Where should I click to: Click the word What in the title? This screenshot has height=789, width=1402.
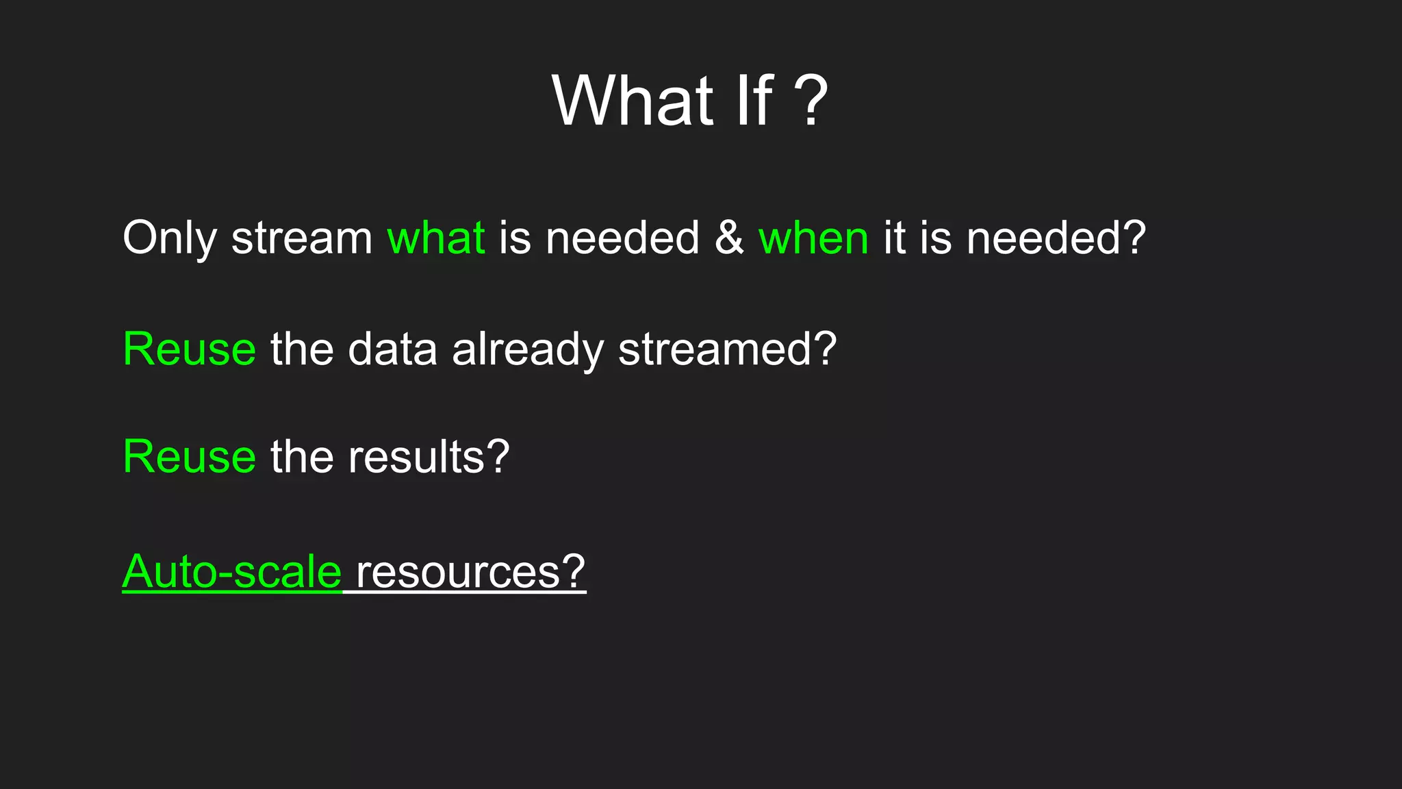coord(633,101)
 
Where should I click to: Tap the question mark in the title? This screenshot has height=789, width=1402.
coord(811,101)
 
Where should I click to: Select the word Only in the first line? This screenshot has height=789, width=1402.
coord(169,238)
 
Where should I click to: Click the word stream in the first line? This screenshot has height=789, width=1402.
coord(301,238)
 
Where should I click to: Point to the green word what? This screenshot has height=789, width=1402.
coord(436,238)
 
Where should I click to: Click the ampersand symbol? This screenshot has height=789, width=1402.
coord(729,238)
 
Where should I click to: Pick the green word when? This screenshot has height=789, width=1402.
coord(813,238)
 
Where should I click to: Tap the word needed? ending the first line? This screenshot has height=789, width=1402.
coord(1056,238)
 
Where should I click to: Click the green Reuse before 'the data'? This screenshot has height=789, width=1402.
coord(189,349)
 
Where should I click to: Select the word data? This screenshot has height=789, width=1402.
coord(392,349)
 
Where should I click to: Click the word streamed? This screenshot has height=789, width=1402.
coord(727,349)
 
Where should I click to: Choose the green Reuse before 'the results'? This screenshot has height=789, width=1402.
coord(189,457)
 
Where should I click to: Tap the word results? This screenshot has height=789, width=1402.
coord(429,457)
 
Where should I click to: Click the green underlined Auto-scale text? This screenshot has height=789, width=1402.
coord(231,572)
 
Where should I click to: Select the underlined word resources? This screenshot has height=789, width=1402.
coord(470,572)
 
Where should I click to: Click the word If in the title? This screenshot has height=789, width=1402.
coord(754,101)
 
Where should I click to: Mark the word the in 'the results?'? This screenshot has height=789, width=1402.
coord(301,457)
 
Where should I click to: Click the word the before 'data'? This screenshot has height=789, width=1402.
coord(301,349)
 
